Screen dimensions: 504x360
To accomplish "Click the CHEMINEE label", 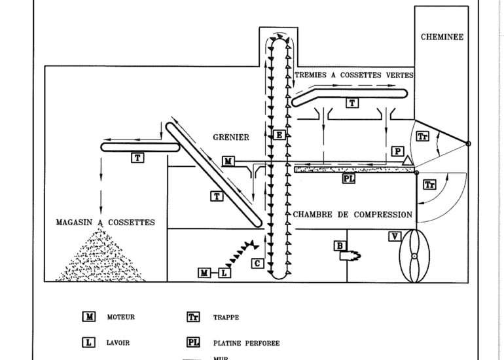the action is point(442,37).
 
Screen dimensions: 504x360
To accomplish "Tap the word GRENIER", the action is point(231,137).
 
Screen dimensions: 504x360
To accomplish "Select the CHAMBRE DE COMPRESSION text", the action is point(352,215).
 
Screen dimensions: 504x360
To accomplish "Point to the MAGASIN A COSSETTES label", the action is point(105,223).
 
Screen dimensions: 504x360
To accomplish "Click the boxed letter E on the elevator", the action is point(279,135).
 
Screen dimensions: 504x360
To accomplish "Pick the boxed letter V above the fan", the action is point(395,236).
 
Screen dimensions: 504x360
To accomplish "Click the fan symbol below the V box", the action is point(414,256).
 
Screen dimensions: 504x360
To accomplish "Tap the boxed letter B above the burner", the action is point(340,246).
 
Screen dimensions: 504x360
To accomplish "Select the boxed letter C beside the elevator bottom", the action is point(257,264).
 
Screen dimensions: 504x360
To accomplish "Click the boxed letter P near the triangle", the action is point(397,151).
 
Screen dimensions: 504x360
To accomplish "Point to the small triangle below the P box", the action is point(407,161).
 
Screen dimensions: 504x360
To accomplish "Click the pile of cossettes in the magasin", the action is point(101,257).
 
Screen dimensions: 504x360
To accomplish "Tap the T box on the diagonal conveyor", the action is point(217,196).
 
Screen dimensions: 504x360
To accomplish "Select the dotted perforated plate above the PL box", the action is point(355,170).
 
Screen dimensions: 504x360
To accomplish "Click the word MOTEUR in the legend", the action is point(121,317).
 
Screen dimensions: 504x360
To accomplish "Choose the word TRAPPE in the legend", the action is point(226,317).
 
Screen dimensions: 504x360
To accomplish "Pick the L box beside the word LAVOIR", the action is point(88,342).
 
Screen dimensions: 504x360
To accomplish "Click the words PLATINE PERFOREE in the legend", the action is point(247,343).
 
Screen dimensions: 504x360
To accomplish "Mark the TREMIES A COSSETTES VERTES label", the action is point(354,75).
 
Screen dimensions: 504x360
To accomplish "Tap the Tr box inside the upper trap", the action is point(422,136).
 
